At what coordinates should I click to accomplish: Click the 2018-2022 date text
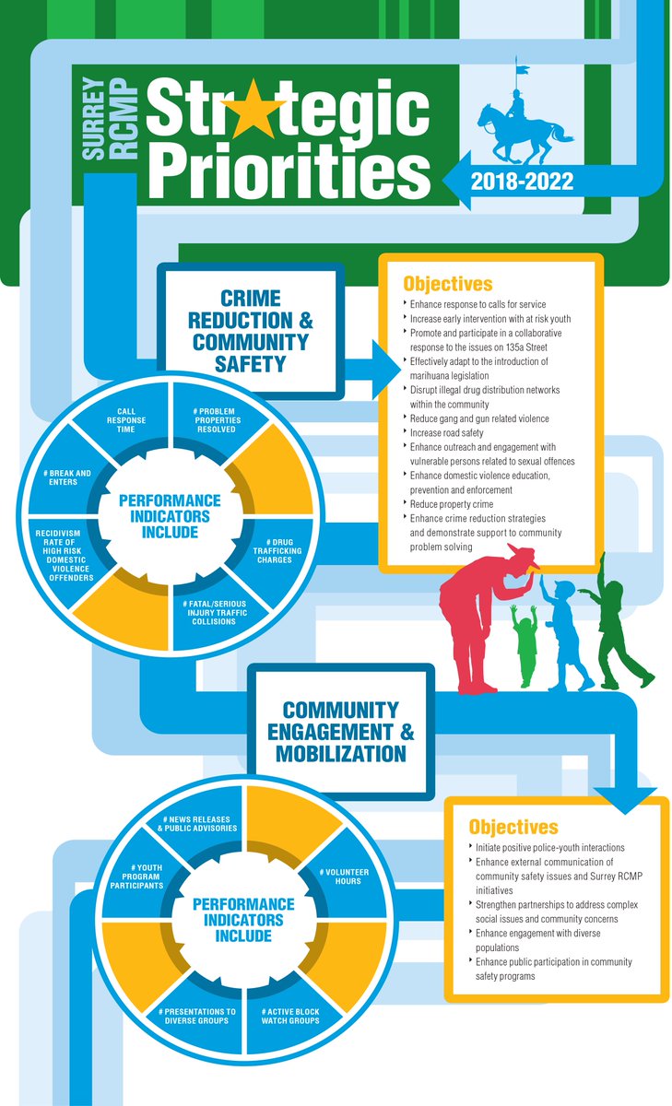[523, 181]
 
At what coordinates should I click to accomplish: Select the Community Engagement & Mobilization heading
[341, 732]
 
